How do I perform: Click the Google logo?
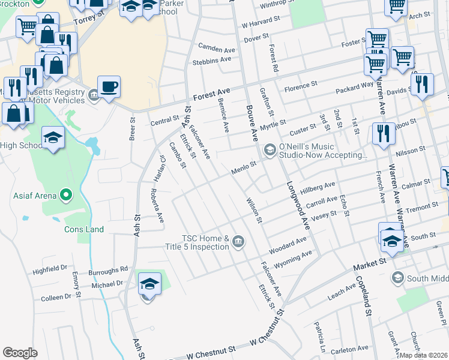tap(20, 353)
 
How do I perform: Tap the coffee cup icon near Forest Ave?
tap(109, 86)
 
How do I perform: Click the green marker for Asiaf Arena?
tap(66, 195)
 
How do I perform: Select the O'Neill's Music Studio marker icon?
tap(270, 149)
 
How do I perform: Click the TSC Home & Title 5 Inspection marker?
tap(238, 241)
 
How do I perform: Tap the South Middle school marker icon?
tap(397, 278)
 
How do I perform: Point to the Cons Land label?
tap(84, 229)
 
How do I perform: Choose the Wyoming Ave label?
tap(293, 259)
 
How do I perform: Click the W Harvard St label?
tap(261, 25)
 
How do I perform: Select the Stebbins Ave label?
tap(211, 60)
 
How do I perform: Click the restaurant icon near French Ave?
tap(383, 134)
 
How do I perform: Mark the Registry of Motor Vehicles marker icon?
tap(94, 95)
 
